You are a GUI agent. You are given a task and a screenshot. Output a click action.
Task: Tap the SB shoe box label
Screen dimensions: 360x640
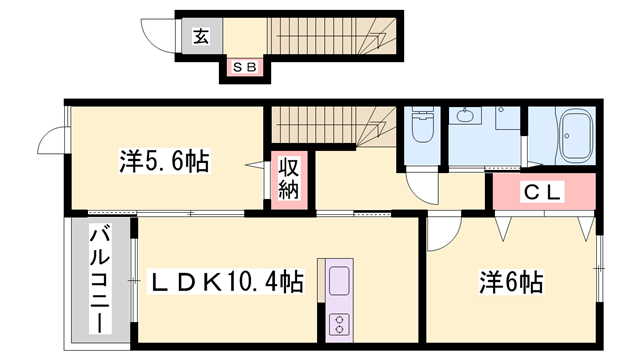[245, 68]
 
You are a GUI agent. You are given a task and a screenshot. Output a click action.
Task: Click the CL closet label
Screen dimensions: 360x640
[543, 190]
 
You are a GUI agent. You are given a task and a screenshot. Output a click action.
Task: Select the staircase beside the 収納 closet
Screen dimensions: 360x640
[315, 126]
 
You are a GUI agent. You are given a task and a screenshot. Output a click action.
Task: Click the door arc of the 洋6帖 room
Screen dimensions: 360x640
[441, 234]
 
